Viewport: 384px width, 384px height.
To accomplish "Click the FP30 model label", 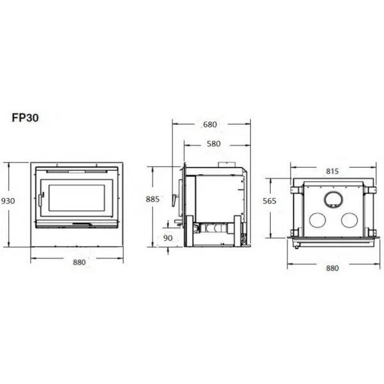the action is click(25, 118).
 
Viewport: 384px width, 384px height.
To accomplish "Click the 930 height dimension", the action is click(8, 201).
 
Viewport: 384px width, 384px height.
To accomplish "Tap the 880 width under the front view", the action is click(79, 262).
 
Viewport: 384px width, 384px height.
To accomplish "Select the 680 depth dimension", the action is click(210, 125).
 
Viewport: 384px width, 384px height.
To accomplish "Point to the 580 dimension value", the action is click(214, 144).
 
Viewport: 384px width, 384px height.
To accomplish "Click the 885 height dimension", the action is click(152, 199).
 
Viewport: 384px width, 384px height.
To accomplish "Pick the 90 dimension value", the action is click(168, 238).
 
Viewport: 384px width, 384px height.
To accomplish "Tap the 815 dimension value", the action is click(332, 172).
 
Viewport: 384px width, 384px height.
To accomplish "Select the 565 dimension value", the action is click(269, 201).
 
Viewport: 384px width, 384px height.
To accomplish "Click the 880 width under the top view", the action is click(332, 268).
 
